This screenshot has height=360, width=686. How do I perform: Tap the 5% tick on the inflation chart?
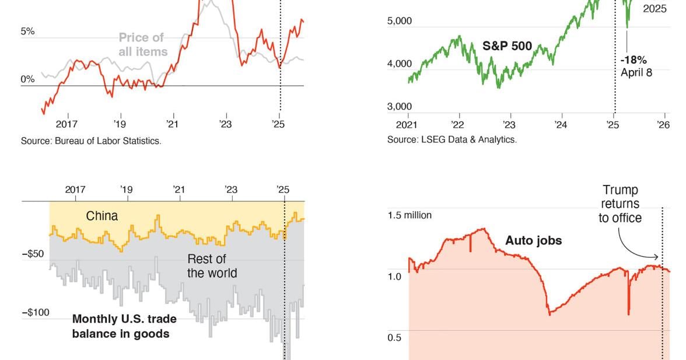[x=27, y=32]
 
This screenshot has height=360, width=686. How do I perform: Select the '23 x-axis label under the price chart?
[x=225, y=124]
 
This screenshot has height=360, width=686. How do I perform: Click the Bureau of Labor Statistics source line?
[x=91, y=141]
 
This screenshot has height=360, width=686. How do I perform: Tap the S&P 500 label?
[x=507, y=46]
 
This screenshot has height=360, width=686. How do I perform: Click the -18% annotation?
[x=633, y=60]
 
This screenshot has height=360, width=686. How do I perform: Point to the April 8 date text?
[x=636, y=72]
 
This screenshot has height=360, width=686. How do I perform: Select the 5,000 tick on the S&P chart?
[x=400, y=21]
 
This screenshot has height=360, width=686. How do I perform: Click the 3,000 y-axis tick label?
[x=400, y=107]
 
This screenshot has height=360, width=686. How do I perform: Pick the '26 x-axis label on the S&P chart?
[x=663, y=124]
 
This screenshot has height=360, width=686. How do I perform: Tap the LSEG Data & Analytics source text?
[x=452, y=139]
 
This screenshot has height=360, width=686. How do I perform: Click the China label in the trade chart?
[x=102, y=216]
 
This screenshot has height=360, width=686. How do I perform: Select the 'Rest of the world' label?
[x=212, y=266]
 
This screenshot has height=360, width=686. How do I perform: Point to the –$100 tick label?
[x=36, y=313]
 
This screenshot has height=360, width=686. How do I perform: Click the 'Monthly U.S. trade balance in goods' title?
[x=124, y=326]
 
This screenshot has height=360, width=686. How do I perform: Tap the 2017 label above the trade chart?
[x=75, y=190]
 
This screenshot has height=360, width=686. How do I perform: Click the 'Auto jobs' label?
[x=533, y=240]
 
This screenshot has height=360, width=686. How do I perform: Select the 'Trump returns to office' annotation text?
[x=619, y=204]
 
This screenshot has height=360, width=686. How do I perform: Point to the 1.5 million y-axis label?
[x=409, y=215]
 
